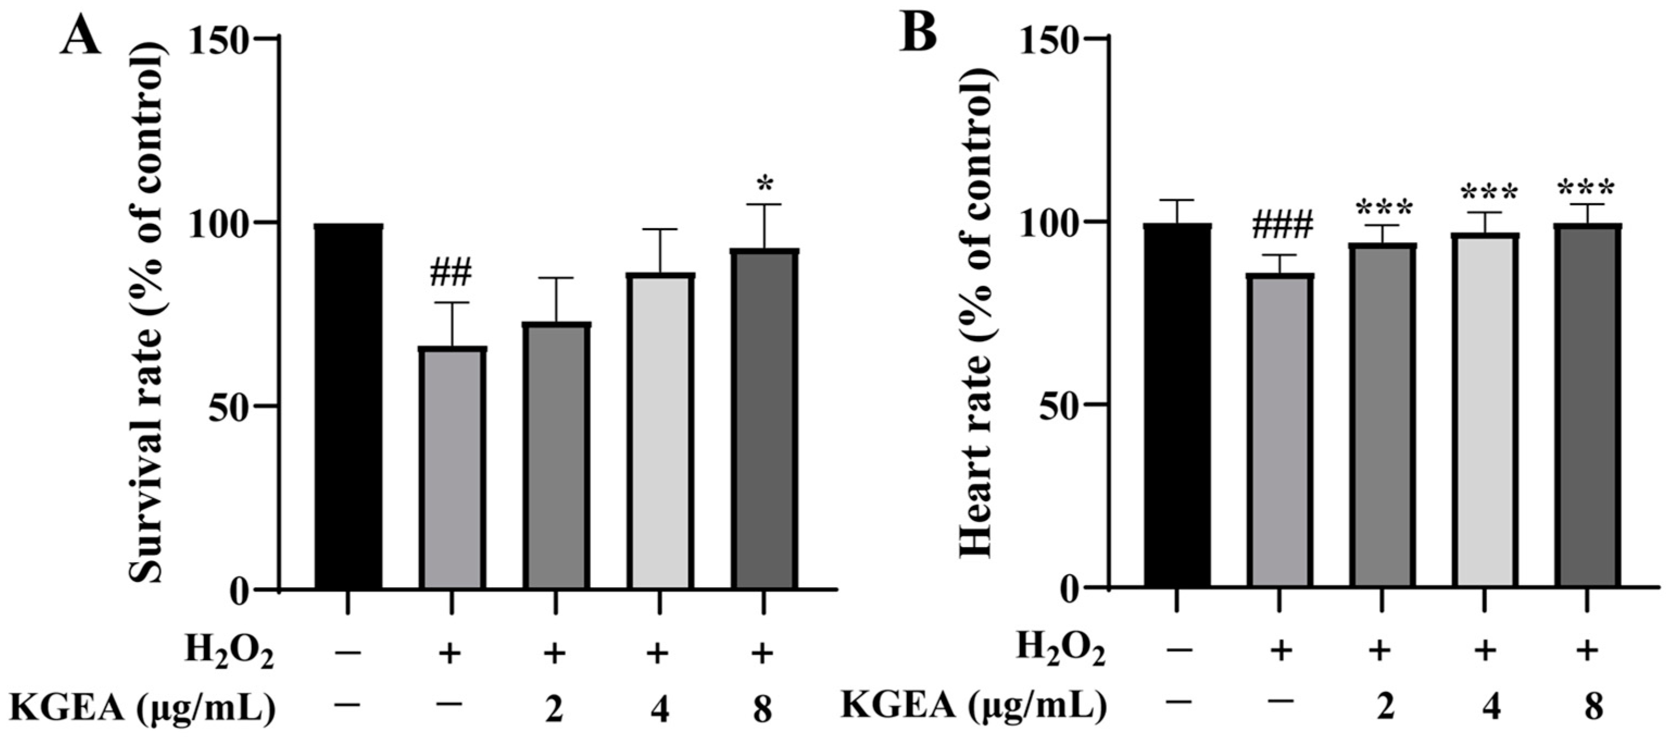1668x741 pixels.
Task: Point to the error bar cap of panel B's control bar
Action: (x=1176, y=200)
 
